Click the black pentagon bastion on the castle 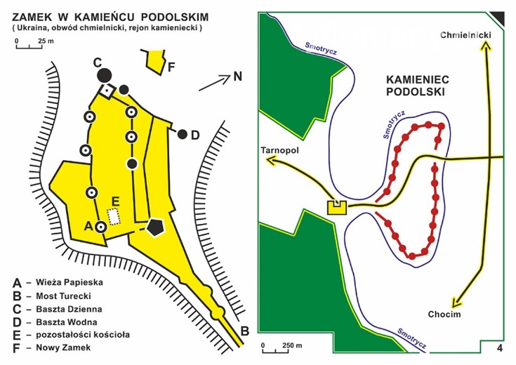pos(156,226)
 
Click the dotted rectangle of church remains pos(113,215)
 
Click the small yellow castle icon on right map pos(337,208)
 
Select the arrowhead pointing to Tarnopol pos(271,161)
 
